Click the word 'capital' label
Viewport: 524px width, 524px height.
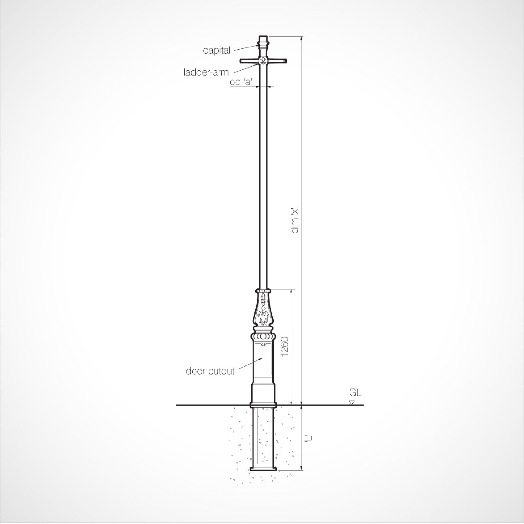216,50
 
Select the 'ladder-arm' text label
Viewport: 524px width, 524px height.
206,72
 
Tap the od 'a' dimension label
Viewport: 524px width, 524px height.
241,82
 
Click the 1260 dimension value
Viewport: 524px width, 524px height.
285,346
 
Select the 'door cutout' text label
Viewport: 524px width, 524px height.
210,371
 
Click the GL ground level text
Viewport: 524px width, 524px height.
355,392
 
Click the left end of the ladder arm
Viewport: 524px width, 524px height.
240,61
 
